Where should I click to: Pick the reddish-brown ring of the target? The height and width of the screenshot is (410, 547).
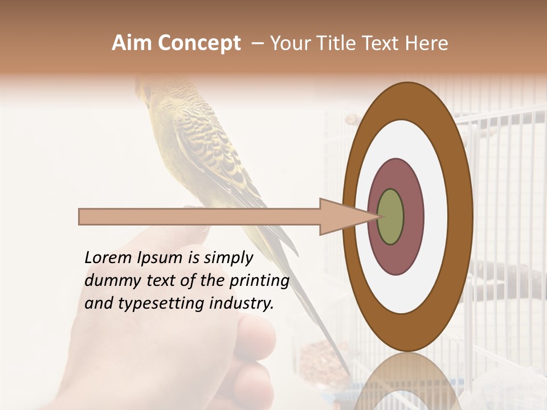tap(413, 217)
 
